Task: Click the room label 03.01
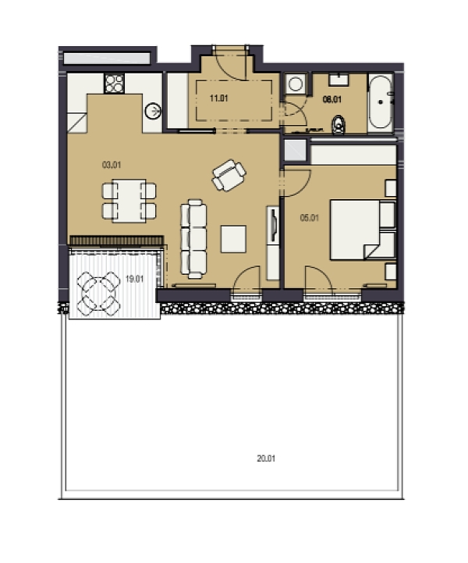click(112, 165)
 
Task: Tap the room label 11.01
click(218, 98)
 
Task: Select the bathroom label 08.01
click(332, 99)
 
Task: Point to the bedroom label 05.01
click(310, 218)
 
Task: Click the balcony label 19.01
click(135, 279)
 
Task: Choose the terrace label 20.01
click(266, 458)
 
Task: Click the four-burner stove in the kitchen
click(115, 84)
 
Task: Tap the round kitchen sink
click(153, 112)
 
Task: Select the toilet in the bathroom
click(339, 125)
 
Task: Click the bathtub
click(381, 102)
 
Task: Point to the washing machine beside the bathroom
click(296, 84)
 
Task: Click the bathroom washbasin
click(339, 80)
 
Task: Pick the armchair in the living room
click(229, 175)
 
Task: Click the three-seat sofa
click(193, 239)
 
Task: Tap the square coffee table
click(233, 239)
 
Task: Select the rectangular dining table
click(129, 201)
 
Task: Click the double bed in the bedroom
click(363, 230)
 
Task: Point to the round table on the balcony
click(98, 294)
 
